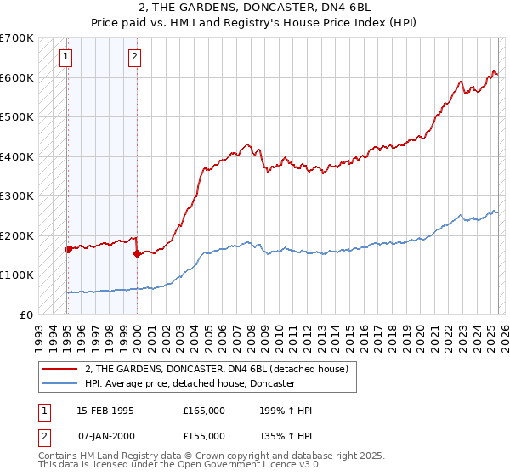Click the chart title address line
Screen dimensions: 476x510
click(x=254, y=8)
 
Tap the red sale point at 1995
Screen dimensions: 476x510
click(x=67, y=249)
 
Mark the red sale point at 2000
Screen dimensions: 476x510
click(x=137, y=253)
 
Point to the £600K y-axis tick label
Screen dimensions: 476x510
click(x=17, y=77)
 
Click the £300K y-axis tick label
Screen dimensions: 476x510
click(x=17, y=196)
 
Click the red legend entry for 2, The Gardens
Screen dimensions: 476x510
click(x=216, y=369)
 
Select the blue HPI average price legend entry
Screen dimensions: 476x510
click(x=189, y=384)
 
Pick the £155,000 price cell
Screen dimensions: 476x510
click(x=204, y=435)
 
